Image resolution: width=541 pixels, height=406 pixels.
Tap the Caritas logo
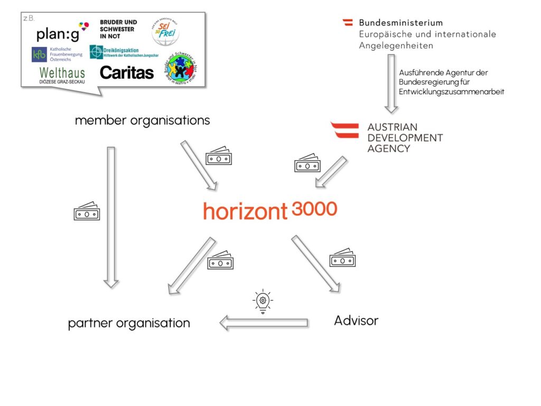pos(126,72)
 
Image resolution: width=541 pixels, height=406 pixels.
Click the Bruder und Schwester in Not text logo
pos(118,29)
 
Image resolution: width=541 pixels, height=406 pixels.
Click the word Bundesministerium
pos(400,23)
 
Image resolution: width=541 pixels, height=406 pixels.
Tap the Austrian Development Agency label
pos(405,137)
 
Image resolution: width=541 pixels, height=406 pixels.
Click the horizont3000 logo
pos(269,210)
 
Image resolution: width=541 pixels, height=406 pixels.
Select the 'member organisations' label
pos(142,120)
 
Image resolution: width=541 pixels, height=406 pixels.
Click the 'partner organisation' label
pos(129,322)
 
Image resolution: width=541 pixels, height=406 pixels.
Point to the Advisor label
pos(356,320)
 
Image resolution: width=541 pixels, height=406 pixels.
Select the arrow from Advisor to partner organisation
pos(264,322)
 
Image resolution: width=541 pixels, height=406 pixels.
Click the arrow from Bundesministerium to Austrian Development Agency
pos(390,85)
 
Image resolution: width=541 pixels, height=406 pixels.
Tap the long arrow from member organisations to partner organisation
pos(111,217)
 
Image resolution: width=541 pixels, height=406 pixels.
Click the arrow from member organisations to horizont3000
pos(199,165)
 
